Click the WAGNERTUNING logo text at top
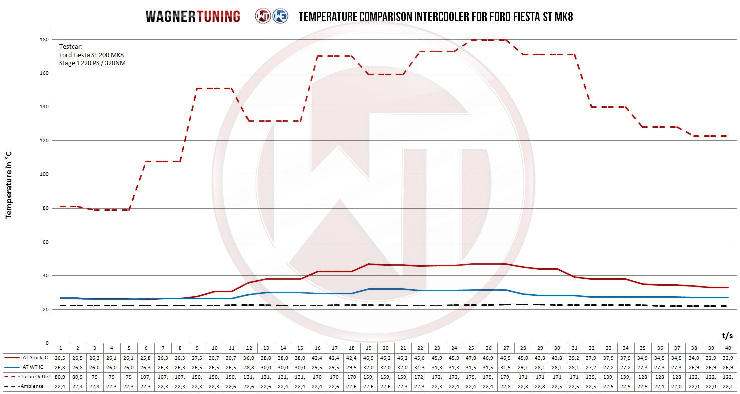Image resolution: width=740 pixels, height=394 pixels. point(193,16)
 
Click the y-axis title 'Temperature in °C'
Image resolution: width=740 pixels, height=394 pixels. point(8,185)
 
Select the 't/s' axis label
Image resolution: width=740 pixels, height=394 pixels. point(727,335)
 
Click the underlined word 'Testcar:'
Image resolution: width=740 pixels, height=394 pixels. point(71,46)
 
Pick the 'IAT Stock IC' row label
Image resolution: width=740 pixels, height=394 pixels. point(34,358)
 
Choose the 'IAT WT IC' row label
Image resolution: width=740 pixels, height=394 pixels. point(32,367)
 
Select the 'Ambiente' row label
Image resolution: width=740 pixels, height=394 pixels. point(31,386)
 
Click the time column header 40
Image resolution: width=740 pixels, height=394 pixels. point(727,348)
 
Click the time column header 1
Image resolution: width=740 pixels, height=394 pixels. point(60,348)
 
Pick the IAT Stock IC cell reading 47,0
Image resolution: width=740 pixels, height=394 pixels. point(471,358)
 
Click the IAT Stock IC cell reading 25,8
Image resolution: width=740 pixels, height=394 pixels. point(146,358)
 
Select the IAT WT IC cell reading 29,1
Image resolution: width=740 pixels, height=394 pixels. point(523,367)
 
